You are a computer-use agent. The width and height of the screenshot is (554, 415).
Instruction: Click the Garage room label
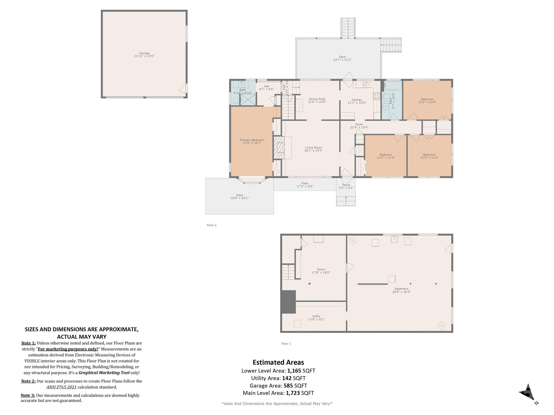coord(144,53)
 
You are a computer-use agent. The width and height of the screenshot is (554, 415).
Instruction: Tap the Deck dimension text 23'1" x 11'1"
coord(342,60)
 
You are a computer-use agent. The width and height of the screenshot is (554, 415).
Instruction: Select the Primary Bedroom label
coord(252,140)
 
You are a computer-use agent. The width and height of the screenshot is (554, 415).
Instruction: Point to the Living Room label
coord(313,148)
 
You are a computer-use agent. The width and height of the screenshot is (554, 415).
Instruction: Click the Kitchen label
coord(357,100)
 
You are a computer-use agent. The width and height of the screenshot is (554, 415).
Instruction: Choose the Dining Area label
coord(317,99)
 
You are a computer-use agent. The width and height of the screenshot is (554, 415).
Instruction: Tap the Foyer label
coord(359,125)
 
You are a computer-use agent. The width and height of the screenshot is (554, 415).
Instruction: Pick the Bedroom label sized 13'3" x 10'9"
coord(427,99)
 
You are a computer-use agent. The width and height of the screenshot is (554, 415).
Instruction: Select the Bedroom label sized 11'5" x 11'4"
coord(385,155)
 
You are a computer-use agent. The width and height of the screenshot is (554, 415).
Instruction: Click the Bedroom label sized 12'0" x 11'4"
coord(429,155)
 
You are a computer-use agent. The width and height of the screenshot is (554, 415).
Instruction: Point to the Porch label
coord(346,185)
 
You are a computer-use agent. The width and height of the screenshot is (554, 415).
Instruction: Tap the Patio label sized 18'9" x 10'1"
coord(240,195)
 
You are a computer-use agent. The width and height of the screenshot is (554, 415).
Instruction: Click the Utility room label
coord(316,316)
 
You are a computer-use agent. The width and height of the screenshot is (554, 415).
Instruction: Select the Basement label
coord(401,289)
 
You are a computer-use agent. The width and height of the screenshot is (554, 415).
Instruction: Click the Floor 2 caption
coord(212,225)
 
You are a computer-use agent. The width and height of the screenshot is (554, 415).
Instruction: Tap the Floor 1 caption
coord(286,344)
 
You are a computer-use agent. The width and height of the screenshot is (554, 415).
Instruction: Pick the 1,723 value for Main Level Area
coord(293,393)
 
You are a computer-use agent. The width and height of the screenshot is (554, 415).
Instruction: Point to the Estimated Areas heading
coord(278,362)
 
